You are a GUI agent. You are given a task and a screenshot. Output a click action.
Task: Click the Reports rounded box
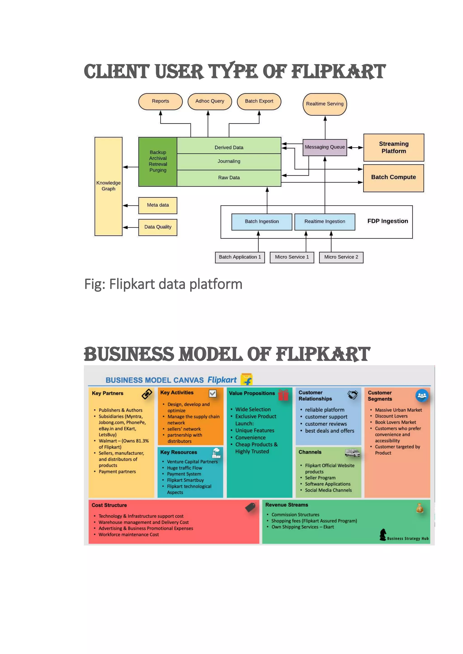(x=160, y=101)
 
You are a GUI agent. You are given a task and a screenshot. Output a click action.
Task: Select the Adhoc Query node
(x=210, y=101)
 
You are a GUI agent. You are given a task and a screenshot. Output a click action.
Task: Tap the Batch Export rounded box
(x=259, y=101)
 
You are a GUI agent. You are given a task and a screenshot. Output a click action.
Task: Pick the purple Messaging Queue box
(x=325, y=147)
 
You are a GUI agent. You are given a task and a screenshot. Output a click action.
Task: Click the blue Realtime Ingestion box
(x=325, y=222)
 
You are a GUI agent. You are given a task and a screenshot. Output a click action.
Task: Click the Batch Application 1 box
(x=240, y=257)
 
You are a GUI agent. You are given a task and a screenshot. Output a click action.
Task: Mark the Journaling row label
(x=229, y=161)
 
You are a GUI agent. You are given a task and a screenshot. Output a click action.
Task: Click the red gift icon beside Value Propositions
(x=283, y=395)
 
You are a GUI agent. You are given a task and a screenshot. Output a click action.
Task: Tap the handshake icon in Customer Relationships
(x=353, y=395)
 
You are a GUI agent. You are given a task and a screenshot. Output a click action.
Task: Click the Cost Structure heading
(x=109, y=505)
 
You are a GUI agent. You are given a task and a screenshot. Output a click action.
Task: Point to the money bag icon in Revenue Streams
(x=420, y=508)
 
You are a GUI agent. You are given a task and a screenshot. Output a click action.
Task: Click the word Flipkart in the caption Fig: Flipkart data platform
(x=132, y=284)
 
